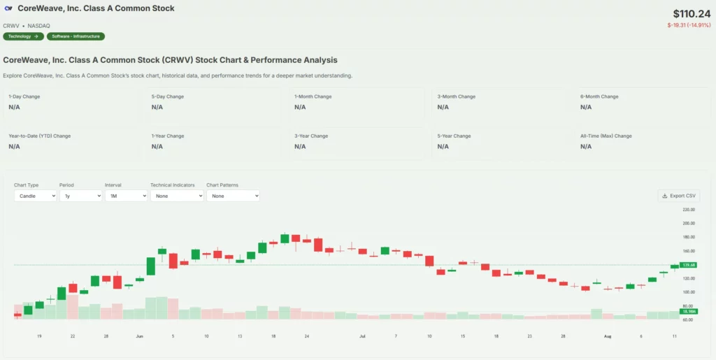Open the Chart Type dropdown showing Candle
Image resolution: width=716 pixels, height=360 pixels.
pos(35,196)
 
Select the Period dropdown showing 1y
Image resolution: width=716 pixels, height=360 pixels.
pos(80,196)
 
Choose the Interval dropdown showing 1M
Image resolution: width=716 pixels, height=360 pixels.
pos(126,196)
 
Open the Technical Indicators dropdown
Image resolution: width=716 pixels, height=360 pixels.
pos(177,196)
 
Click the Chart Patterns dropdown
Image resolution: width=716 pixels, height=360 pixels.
pos(233,196)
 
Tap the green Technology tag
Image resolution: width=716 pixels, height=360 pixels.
pos(23,36)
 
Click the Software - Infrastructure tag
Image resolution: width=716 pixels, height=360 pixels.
pos(76,36)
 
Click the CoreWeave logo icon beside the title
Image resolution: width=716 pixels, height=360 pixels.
pos(8,8)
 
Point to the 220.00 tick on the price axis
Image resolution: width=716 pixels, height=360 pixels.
pos(688,210)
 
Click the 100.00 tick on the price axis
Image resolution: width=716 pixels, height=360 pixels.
pos(688,292)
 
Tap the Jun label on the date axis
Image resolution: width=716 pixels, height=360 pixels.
pos(139,336)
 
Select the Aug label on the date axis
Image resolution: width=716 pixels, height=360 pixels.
pos(607,336)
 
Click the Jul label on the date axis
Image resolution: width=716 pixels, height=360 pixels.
pos(362,336)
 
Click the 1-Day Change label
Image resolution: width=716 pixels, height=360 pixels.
pos(24,96)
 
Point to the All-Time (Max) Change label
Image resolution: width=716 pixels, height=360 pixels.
pos(606,136)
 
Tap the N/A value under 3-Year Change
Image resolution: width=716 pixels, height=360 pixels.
pos(300,147)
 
